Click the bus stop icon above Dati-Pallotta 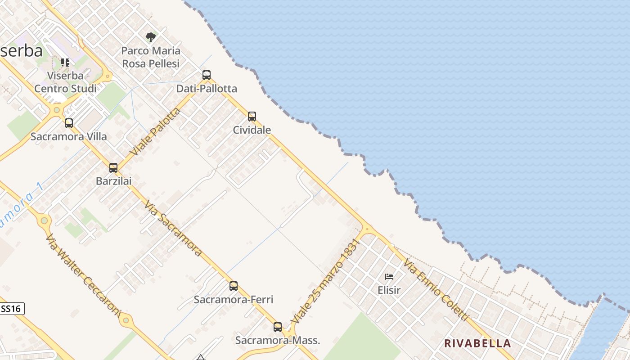click(207, 75)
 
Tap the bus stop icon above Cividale click(252, 117)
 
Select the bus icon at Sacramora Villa click(69, 123)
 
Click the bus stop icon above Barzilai click(113, 168)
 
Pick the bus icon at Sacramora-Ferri click(234, 286)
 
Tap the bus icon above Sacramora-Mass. click(278, 327)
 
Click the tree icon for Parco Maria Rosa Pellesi click(151, 37)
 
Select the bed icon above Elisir click(389, 276)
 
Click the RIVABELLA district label click(477, 343)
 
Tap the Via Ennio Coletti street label click(436, 290)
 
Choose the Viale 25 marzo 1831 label click(325, 281)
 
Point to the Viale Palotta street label click(155, 131)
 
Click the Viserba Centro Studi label click(66, 82)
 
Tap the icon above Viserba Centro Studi click(65, 62)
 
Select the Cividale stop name click(252, 130)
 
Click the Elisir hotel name click(389, 290)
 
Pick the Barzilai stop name click(114, 181)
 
